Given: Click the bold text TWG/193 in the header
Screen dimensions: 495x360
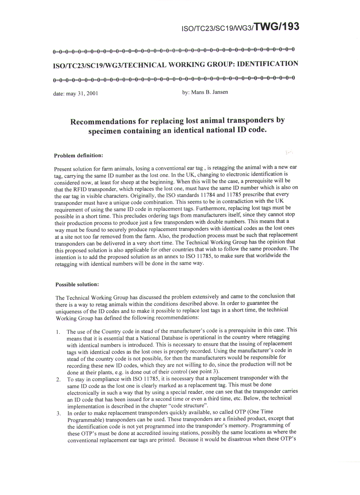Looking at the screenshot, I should [276, 27].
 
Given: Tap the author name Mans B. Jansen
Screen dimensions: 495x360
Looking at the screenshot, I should [210, 92].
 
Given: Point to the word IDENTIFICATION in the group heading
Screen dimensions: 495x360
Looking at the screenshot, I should [267, 64].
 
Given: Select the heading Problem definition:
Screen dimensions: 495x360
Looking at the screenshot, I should [78, 156].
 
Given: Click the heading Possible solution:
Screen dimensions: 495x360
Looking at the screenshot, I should [77, 284].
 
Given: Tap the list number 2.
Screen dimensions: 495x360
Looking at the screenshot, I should [58, 380].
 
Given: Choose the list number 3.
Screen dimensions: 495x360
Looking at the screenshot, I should [58, 414].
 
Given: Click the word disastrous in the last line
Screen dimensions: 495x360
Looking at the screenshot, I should [241, 439].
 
